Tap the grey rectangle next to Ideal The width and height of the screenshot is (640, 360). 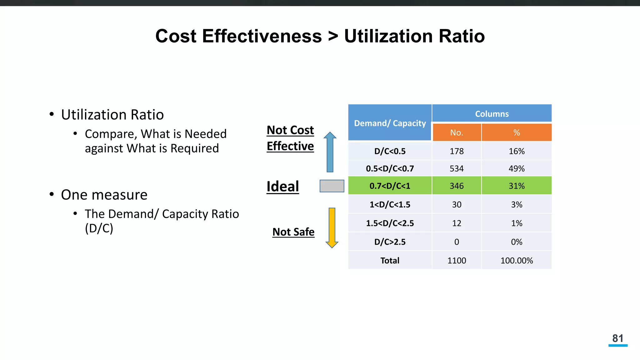(332, 186)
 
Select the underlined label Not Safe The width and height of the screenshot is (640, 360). (293, 232)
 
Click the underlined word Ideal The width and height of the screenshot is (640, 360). (282, 187)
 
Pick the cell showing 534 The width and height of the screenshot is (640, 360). (457, 169)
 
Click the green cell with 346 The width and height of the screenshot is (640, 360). (457, 186)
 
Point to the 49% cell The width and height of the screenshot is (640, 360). (517, 169)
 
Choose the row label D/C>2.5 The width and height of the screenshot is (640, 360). (390, 242)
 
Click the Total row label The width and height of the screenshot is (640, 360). (390, 261)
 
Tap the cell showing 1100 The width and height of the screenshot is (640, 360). (457, 261)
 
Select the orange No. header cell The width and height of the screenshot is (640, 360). (457, 132)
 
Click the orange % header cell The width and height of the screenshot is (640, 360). (517, 132)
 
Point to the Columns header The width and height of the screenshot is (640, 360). (492, 114)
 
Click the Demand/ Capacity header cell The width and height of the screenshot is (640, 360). (390, 123)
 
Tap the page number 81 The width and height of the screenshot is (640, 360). (618, 338)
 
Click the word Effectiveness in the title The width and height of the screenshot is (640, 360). (262, 36)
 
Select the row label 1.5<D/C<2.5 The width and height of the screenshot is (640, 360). (390, 223)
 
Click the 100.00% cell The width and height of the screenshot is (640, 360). (517, 261)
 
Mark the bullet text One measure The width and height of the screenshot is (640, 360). (104, 195)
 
